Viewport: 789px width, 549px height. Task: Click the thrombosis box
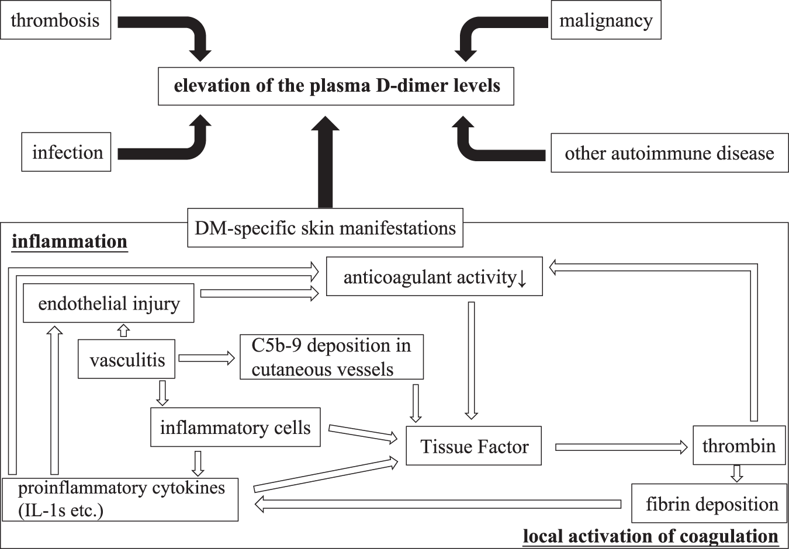click(x=56, y=20)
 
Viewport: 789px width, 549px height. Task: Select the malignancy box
click(x=605, y=21)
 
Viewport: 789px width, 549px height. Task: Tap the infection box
click(x=67, y=152)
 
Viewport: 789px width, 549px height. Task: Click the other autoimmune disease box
click(x=669, y=153)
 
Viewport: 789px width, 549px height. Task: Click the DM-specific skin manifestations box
click(x=325, y=228)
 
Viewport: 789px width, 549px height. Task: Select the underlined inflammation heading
click(x=70, y=241)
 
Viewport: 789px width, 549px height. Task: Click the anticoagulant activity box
click(x=434, y=277)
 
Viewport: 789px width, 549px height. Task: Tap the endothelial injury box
click(x=109, y=304)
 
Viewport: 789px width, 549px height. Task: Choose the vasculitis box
click(x=127, y=359)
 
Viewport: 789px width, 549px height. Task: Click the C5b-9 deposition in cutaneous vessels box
click(x=331, y=357)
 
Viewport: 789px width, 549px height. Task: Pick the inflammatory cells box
click(x=235, y=428)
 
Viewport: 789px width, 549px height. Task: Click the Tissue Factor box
click(x=473, y=447)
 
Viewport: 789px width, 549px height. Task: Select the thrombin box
click(x=739, y=446)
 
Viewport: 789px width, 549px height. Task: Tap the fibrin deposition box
click(x=711, y=503)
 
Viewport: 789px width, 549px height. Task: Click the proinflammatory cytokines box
click(x=120, y=499)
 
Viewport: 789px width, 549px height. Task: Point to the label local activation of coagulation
click(x=650, y=536)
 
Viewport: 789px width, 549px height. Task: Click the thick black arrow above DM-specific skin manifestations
click(x=325, y=164)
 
